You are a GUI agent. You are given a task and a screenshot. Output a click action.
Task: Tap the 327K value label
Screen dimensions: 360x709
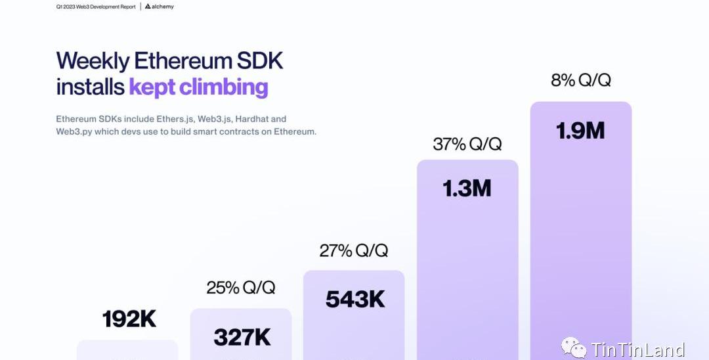[242, 338]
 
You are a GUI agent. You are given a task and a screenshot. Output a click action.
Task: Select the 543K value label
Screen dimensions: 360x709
[355, 300]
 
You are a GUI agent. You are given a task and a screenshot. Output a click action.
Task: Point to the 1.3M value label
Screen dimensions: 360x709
[467, 189]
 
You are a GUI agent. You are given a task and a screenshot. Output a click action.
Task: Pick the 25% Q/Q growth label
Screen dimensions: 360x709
[241, 288]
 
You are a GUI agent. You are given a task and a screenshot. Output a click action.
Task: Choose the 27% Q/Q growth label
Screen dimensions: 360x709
[354, 250]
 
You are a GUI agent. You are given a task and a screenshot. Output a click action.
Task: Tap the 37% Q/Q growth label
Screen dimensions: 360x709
[467, 145]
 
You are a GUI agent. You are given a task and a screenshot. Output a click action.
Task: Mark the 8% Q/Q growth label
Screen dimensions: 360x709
[581, 81]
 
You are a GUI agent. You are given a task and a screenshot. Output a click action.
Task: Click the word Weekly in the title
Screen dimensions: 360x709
[93, 61]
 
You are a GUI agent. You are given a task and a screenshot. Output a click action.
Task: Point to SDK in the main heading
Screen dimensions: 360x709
[261, 61]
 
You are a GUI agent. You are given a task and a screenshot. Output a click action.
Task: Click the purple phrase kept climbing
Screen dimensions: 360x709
[198, 87]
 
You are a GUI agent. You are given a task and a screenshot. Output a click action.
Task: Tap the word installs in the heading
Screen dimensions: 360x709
[90, 87]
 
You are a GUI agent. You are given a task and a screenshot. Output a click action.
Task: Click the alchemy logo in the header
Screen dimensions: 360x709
[159, 7]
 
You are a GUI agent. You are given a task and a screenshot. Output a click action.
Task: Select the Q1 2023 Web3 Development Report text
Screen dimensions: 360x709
[96, 7]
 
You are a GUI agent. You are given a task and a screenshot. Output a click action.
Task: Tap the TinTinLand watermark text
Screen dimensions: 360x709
[637, 349]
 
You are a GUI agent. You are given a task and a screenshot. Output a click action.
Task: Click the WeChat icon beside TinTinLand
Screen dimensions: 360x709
[574, 348]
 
